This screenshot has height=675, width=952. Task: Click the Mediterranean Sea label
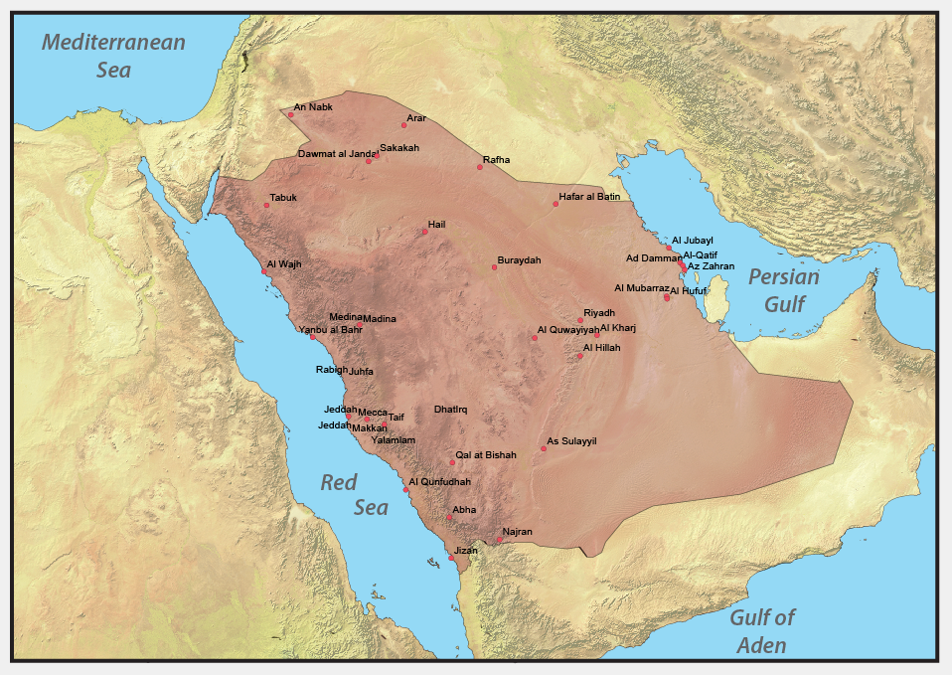[113, 56]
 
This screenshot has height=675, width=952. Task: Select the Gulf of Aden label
[762, 630]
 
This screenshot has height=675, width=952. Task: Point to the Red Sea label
[354, 494]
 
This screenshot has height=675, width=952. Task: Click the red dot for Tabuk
[266, 205]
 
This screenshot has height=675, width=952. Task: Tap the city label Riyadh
[599, 312]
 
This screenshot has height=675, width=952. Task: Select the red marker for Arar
[403, 125]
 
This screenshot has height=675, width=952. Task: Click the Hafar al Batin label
[589, 197]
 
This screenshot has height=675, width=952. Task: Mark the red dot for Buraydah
[494, 267]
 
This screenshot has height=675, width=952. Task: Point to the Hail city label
[437, 225]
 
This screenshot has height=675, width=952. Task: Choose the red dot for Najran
[499, 540]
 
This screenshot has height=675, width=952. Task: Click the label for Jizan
[465, 550]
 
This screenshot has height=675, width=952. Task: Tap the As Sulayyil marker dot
[544, 448]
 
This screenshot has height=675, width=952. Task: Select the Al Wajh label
[283, 264]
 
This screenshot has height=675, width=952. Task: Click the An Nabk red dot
[290, 114]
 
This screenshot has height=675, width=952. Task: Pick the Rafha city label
[496, 159]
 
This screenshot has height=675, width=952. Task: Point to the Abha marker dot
[448, 517]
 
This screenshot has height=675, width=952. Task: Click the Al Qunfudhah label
[440, 481]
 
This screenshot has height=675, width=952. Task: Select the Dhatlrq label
[450, 410]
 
